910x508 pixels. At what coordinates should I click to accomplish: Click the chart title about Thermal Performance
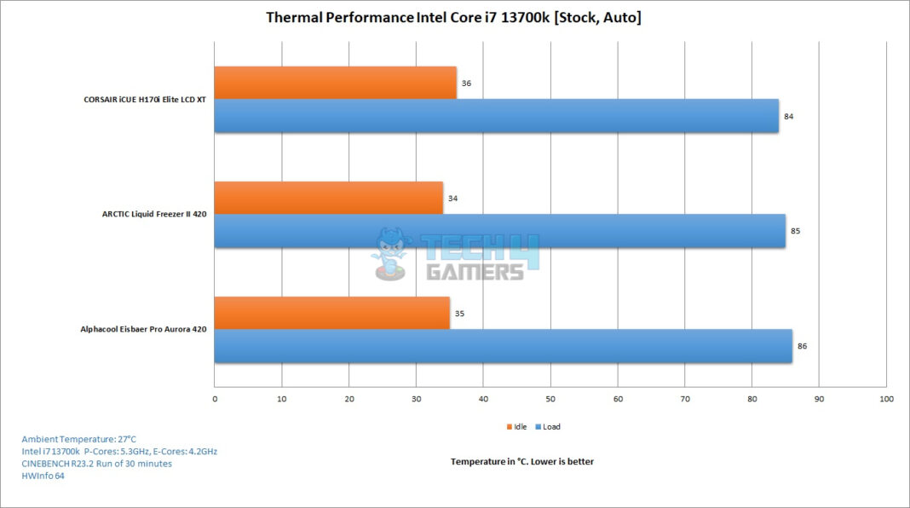[453, 17]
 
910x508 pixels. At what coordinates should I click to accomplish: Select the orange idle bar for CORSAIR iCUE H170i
[335, 83]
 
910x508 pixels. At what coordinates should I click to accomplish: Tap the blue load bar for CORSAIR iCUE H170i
[496, 116]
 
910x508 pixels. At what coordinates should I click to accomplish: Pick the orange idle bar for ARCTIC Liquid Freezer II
[328, 198]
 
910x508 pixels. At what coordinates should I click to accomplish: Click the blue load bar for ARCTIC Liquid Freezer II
[499, 231]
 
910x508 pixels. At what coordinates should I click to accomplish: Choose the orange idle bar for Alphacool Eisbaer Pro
[331, 313]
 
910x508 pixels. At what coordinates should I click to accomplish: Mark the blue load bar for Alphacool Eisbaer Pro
[503, 346]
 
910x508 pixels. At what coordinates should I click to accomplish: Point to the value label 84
[789, 116]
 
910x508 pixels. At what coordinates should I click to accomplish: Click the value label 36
[466, 84]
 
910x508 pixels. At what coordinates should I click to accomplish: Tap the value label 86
[802, 346]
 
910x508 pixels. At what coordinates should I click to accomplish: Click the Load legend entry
[550, 426]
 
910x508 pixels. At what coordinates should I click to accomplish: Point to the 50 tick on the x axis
[550, 398]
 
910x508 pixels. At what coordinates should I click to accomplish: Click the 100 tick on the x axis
[885, 398]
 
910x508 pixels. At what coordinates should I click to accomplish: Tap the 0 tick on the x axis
[215, 398]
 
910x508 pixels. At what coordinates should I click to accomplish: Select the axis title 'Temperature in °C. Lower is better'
[521, 461]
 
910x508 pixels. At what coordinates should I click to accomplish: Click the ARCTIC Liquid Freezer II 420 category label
[154, 214]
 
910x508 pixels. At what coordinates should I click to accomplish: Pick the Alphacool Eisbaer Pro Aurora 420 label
[143, 328]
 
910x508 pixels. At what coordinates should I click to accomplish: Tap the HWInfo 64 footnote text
[43, 476]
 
